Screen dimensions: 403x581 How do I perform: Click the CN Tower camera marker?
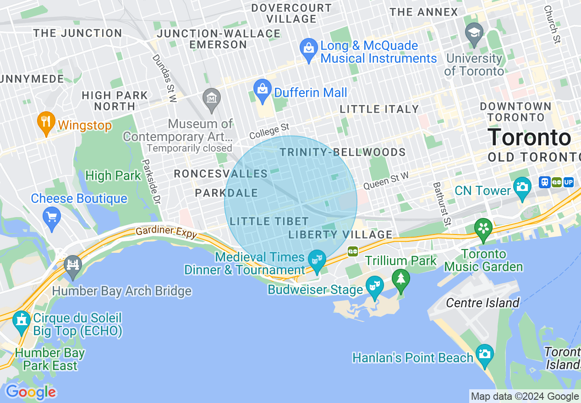(x=522, y=186)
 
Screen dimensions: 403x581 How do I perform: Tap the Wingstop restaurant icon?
(x=45, y=121)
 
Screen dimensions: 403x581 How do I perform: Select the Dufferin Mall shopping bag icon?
(x=263, y=90)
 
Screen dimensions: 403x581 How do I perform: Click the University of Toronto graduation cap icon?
(x=474, y=33)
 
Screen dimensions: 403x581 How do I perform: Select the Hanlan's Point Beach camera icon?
(x=484, y=354)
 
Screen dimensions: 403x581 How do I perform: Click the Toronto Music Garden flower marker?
(x=482, y=228)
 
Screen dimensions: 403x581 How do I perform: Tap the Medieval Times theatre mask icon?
(x=317, y=260)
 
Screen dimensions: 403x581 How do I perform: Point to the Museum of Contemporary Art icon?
(x=212, y=98)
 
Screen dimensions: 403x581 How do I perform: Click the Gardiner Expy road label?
(x=166, y=233)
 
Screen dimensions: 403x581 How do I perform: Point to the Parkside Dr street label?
(x=152, y=182)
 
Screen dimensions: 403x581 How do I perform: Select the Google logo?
(x=31, y=392)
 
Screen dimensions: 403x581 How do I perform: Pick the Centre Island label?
(x=482, y=303)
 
